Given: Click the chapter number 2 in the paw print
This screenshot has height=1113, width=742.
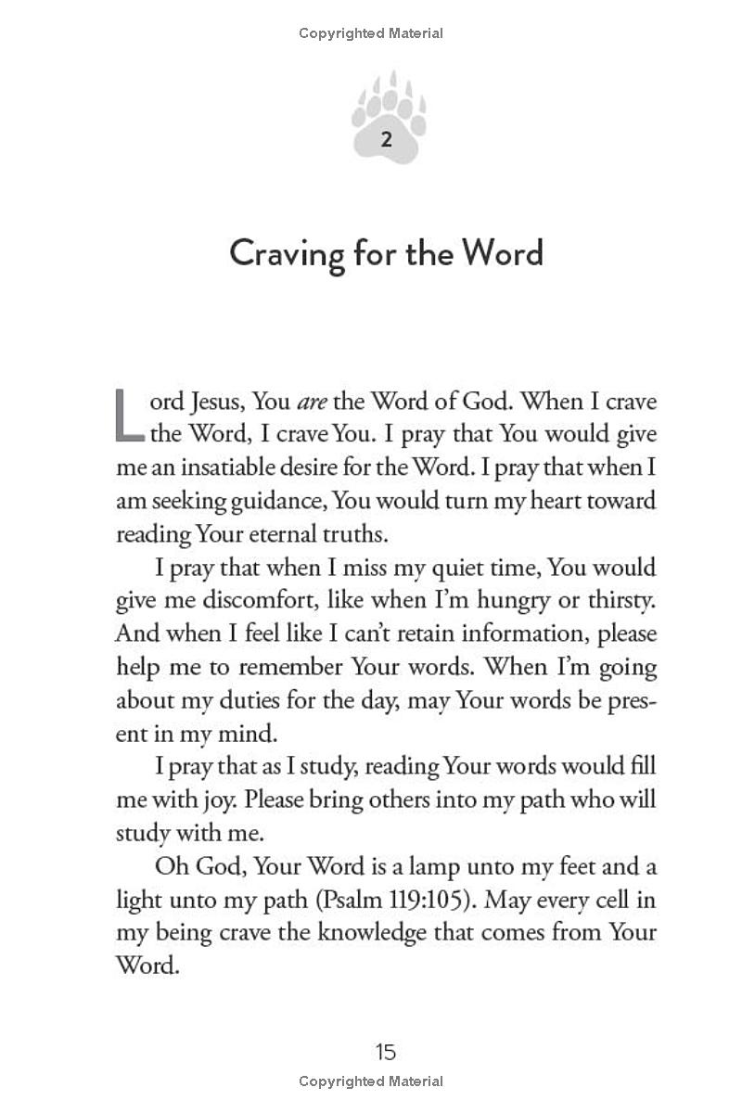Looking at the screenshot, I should click(386, 140).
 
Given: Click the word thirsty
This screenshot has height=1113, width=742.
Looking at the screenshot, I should click(620, 601).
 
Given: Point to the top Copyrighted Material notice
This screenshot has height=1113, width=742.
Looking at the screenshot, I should click(371, 33).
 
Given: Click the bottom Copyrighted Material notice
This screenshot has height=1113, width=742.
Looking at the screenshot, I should click(371, 1081).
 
